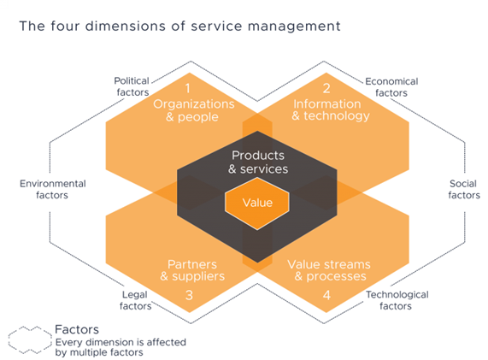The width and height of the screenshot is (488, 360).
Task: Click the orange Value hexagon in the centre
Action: coord(257,204)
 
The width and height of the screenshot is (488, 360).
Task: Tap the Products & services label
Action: coord(258,162)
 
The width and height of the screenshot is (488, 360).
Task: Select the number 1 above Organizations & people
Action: coord(188,88)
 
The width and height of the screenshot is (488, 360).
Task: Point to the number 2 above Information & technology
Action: coord(326,88)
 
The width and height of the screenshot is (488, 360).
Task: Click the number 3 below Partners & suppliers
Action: coord(189,295)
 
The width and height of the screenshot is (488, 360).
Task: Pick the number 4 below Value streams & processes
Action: coord(326,295)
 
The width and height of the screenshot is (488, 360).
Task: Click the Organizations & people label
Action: coord(194,110)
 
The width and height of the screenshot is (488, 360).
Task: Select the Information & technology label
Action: coord(331,110)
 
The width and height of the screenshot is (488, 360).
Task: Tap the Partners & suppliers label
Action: coord(192,270)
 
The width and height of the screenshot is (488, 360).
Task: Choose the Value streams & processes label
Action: coord(329,270)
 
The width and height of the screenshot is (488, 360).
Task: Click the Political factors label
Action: coord(132,86)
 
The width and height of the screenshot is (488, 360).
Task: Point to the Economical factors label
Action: coord(391,87)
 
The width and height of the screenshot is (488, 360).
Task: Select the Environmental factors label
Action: coord(53,189)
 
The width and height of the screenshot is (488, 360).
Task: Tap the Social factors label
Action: coord(464,189)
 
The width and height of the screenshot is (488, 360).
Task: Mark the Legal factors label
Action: coord(135,300)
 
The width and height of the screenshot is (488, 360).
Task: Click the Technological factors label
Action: coord(397,300)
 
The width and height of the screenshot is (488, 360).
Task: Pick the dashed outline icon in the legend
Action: coord(30,340)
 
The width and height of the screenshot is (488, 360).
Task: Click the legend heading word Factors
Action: coord(77,329)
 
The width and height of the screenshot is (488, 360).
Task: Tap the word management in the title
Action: coord(294,27)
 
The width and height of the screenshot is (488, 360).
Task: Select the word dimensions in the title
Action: coord(126,27)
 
